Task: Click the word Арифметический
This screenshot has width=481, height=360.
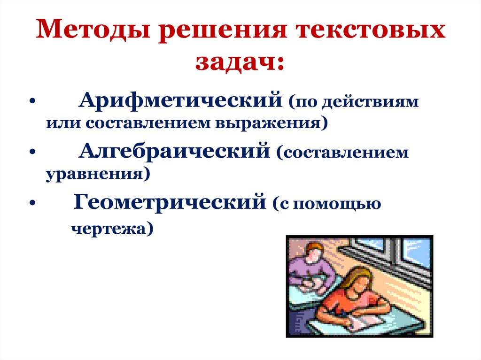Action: [181, 100]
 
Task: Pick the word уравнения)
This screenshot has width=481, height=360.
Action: [98, 175]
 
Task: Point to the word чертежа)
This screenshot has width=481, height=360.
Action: [112, 229]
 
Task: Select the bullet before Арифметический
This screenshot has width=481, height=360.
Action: [31, 102]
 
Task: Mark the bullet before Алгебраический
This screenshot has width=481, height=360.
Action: [31, 153]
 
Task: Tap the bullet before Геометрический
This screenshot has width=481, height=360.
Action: [31, 204]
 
